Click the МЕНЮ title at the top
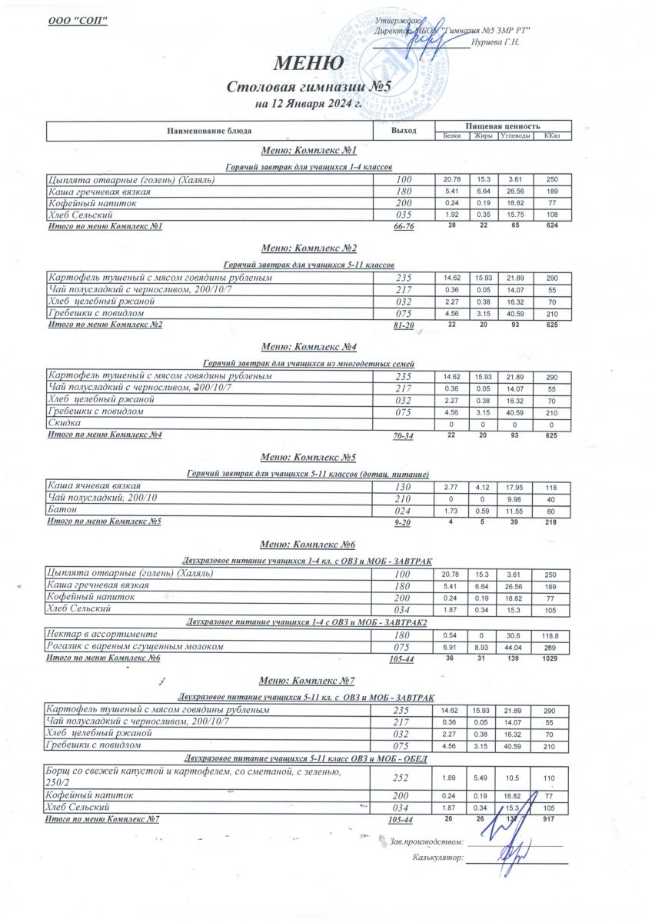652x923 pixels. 308,64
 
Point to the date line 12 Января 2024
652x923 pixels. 308,103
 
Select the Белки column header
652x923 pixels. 452,136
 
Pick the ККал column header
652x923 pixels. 551,136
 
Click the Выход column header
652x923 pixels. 403,131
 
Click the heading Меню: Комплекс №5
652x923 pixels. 308,457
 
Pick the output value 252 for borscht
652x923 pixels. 403,778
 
